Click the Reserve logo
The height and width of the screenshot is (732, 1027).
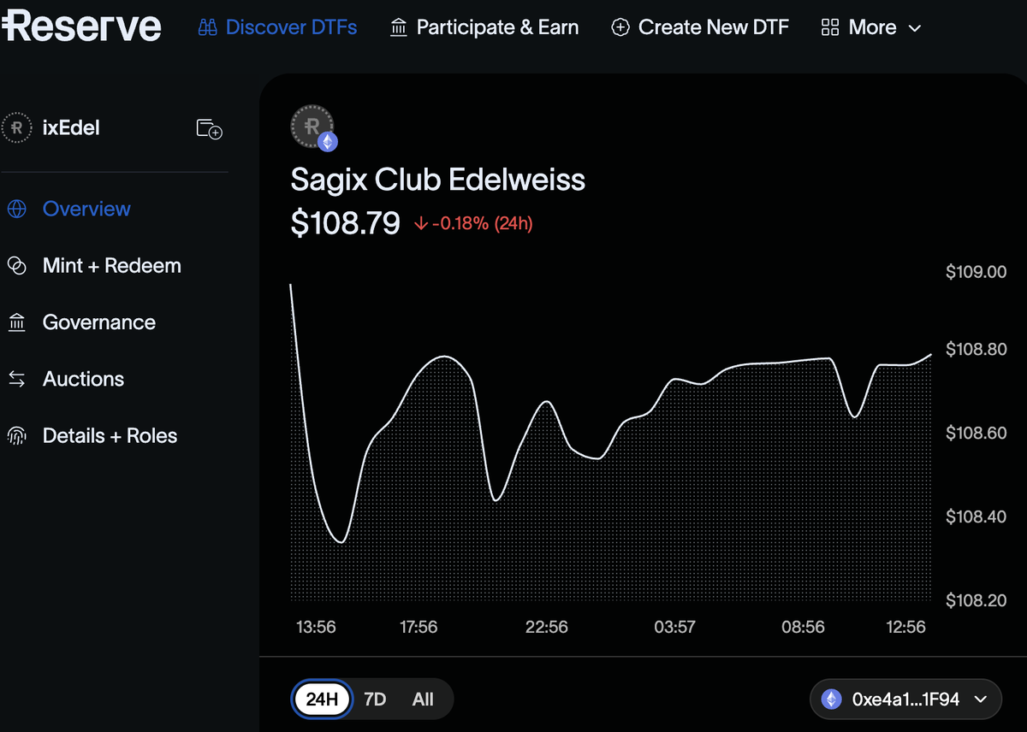81,27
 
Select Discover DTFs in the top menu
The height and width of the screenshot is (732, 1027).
277,27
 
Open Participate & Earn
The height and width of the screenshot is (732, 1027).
484,27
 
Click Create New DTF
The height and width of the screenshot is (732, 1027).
700,27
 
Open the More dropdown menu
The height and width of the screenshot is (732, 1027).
871,27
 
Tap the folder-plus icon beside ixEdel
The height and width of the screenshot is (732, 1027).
209,129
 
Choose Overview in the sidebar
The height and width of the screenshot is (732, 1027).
86,209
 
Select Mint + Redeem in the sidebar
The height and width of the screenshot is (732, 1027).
111,266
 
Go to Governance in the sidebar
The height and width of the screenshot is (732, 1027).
98,322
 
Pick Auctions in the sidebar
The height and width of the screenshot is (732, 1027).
83,379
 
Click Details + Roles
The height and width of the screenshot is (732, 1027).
110,436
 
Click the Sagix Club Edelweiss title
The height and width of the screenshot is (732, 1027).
438,180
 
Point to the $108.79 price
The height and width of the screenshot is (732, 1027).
346,223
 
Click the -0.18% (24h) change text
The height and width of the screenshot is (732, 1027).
481,224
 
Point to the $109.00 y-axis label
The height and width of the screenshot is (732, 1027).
976,272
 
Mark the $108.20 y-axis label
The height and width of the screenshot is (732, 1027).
976,600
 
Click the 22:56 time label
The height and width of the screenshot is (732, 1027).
546,627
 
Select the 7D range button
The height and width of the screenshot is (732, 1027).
375,700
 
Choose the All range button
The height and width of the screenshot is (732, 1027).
423,700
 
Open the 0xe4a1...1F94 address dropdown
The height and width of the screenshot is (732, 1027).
905,700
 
